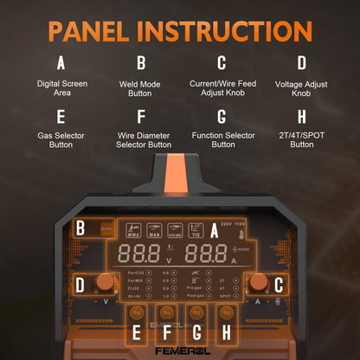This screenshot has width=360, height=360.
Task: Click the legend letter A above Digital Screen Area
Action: pyautogui.click(x=60, y=62)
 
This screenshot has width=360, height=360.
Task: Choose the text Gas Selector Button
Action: pyautogui.click(x=60, y=140)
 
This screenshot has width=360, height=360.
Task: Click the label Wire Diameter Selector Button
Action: pyautogui.click(x=141, y=140)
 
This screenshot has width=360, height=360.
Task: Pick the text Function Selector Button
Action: pyautogui.click(x=222, y=140)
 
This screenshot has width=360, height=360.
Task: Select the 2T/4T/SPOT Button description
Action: pyautogui.click(x=301, y=140)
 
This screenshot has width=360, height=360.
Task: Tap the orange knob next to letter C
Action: pyautogui.click(x=257, y=282)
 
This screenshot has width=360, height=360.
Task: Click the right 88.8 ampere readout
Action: pyautogui.click(x=205, y=254)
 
